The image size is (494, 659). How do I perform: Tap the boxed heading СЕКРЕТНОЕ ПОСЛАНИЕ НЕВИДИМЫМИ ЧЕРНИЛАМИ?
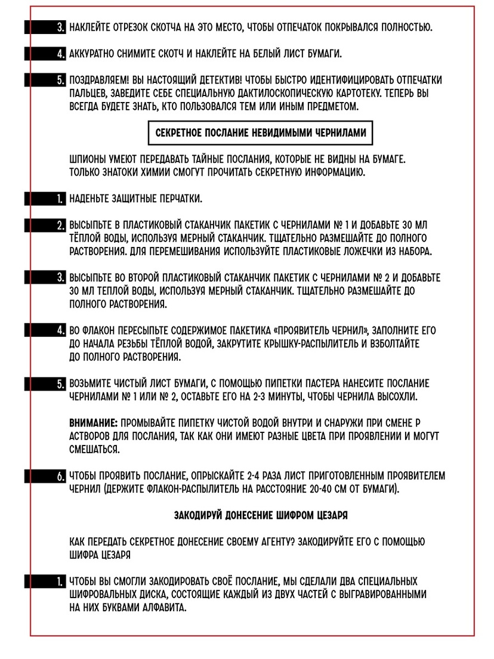coord(260,134)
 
